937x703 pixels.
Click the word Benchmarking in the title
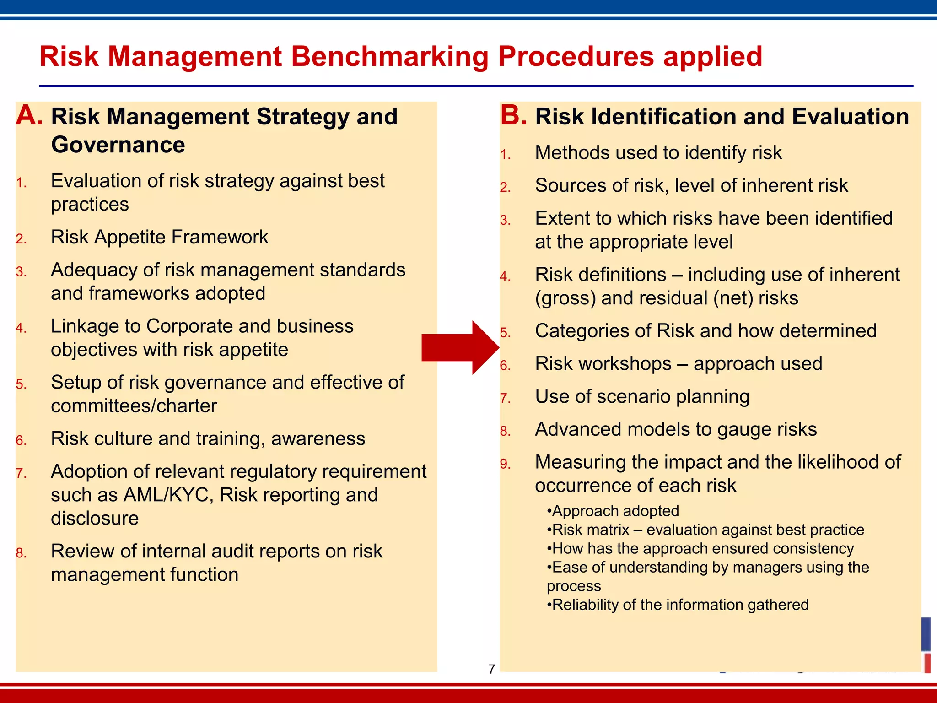point(389,57)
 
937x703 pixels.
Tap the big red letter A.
point(29,115)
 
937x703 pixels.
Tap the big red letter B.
point(513,115)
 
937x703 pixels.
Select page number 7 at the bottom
point(492,669)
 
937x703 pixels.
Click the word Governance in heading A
point(118,145)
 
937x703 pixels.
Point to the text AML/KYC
point(166,495)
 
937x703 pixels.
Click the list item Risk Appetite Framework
point(160,237)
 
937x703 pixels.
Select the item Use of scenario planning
point(642,396)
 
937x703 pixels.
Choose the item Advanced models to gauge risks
point(676,429)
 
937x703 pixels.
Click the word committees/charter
point(134,406)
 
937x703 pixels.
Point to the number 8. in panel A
point(22,553)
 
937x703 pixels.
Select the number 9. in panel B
point(506,464)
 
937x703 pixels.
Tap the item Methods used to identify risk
point(658,153)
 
